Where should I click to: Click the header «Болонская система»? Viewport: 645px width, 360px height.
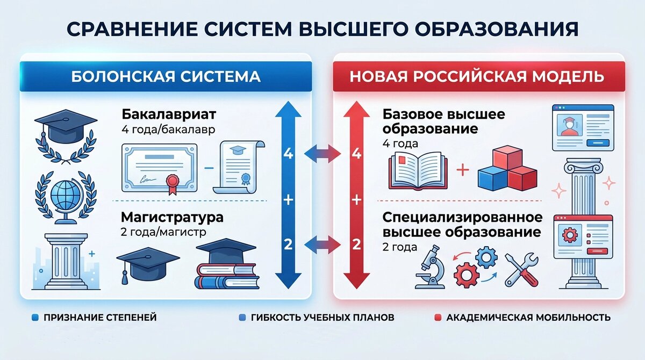tap(166, 76)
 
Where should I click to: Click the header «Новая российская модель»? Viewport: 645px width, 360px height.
tap(477, 76)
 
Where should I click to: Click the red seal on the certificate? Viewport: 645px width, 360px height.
tap(173, 183)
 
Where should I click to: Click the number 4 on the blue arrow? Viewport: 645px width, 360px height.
tap(289, 154)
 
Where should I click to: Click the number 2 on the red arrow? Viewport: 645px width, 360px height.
tap(355, 245)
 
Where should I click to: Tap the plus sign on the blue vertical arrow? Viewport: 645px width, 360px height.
tap(289, 200)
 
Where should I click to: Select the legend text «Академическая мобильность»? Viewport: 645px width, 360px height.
tap(528, 318)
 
